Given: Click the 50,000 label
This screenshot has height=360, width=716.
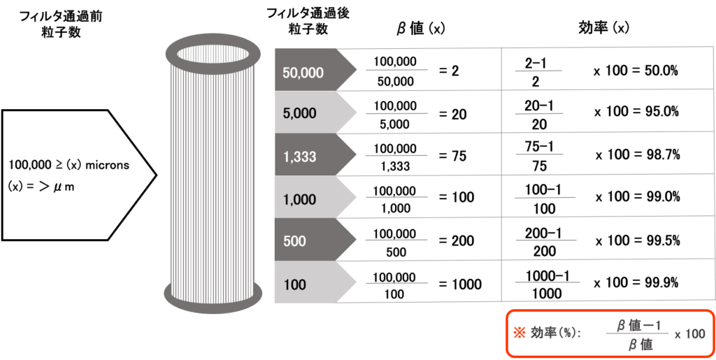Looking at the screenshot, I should [x=303, y=72].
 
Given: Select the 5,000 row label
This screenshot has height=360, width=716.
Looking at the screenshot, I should [x=299, y=113].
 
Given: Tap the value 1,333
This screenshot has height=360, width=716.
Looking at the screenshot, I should [x=299, y=157].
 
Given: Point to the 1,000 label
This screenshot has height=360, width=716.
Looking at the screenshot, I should [x=299, y=199].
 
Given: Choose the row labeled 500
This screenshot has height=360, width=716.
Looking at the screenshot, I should [x=294, y=241].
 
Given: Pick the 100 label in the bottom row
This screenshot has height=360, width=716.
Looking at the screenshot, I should [x=294, y=285].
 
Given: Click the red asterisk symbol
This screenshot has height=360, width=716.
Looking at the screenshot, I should [x=519, y=333].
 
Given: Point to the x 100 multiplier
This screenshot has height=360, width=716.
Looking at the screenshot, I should [x=689, y=334].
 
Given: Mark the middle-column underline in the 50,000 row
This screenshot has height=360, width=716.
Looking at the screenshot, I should [x=396, y=70].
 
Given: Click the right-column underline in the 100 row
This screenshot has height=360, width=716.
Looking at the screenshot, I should [x=547, y=282].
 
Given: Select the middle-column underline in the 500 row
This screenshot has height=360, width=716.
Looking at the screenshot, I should [x=396, y=240].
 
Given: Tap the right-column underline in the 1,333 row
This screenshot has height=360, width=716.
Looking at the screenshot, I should [x=539, y=154].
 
